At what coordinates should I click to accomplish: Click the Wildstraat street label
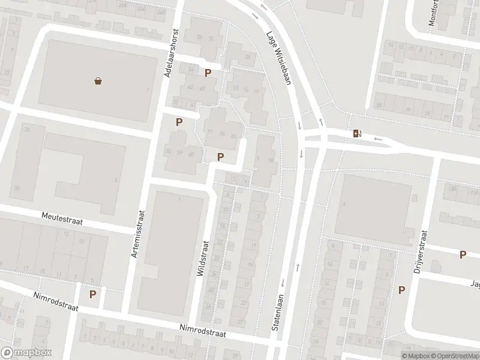click(202, 259)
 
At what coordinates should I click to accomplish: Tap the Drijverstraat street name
click(420, 252)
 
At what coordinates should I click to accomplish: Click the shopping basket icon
click(98, 81)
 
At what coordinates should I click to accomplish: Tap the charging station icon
click(357, 133)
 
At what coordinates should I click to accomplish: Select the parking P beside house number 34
click(208, 73)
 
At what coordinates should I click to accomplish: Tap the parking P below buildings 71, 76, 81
click(221, 157)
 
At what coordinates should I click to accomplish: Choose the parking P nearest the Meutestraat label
click(93, 295)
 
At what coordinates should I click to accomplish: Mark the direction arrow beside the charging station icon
click(377, 139)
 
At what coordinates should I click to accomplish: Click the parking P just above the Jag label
click(463, 255)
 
